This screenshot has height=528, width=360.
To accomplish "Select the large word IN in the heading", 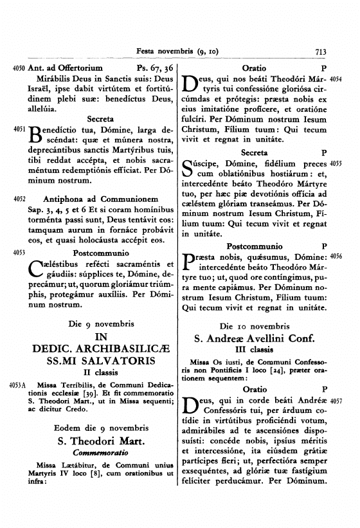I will point(101,337).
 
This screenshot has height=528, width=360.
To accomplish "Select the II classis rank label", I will point(101,373).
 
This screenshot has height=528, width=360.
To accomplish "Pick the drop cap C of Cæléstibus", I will point(38,268).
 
